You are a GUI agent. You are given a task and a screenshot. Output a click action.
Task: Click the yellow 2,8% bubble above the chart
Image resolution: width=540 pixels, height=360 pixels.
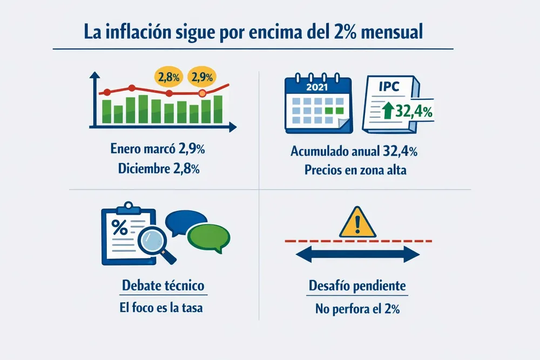tap(169, 77)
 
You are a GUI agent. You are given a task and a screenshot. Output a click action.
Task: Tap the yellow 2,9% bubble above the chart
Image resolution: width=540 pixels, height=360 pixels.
tap(202, 77)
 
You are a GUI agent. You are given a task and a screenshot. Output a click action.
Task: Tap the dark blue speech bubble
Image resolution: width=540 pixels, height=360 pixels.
tap(186, 221)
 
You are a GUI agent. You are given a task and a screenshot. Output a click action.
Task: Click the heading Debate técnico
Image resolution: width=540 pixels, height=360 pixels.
tap(164, 286)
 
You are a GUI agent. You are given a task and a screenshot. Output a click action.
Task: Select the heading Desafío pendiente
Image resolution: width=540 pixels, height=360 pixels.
tap(357, 286)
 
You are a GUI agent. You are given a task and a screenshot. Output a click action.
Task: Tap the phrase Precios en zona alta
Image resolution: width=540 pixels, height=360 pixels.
tap(355, 169)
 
